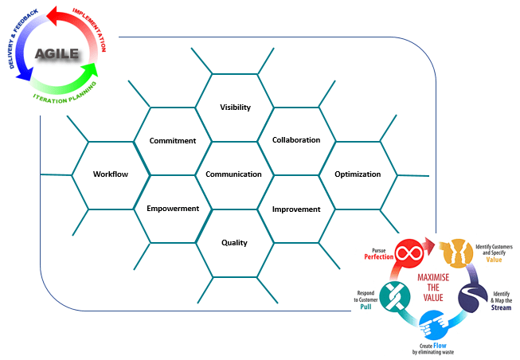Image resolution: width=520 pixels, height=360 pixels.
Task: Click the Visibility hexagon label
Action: click(235, 107)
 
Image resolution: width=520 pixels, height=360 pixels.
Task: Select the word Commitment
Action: click(173, 141)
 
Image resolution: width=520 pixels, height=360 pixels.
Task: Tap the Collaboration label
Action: click(296, 140)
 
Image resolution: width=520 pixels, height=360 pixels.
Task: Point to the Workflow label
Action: click(111, 174)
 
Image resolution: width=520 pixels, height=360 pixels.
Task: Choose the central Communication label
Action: click(233, 174)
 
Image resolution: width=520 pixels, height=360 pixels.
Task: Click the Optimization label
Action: click(358, 174)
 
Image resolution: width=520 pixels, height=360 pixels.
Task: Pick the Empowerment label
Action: click(173, 209)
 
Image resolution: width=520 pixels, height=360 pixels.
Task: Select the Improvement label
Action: click(296, 209)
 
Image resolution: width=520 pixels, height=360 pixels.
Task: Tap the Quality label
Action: click(235, 243)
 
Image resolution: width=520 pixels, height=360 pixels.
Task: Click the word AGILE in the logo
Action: click(57, 54)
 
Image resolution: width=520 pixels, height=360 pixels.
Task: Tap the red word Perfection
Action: click(380, 257)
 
